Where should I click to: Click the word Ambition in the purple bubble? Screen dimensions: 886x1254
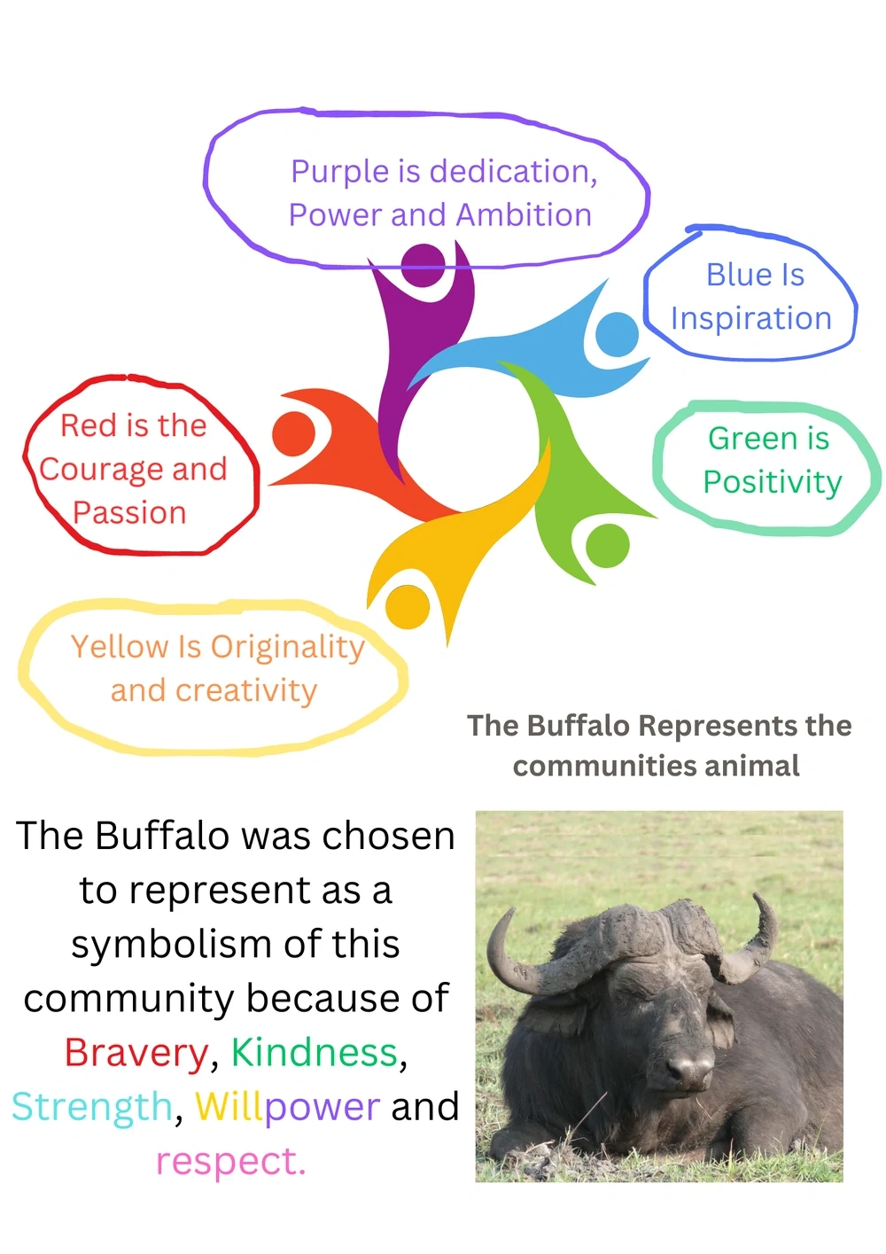tap(524, 215)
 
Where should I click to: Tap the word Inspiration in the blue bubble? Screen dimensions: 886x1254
tap(751, 319)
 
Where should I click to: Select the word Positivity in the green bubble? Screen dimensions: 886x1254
tap(773, 483)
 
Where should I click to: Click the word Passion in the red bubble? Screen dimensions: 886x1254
tap(129, 513)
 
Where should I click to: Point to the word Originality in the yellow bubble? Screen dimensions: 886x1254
tap(287, 648)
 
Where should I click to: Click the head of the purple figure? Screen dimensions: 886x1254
tap(424, 265)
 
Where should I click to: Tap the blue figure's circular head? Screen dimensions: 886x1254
tap(617, 334)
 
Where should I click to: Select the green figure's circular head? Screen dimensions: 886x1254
tap(607, 545)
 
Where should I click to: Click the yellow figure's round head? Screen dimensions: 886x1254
tap(408, 607)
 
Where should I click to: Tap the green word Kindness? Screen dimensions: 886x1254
tap(314, 1053)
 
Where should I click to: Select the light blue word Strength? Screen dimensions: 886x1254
tap(92, 1107)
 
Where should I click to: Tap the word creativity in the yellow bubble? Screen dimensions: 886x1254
tap(246, 691)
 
